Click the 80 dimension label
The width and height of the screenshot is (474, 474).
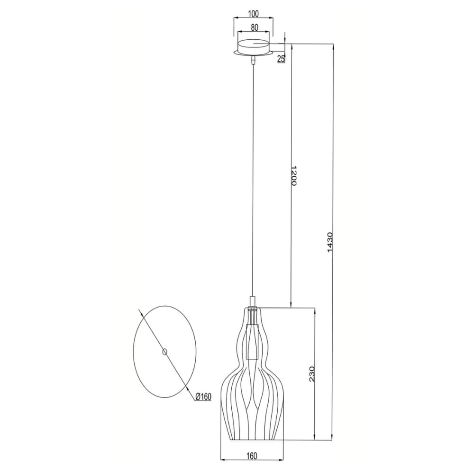click(x=255, y=28)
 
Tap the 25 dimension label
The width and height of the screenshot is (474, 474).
click(x=281, y=59)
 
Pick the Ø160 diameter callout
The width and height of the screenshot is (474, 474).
click(x=202, y=397)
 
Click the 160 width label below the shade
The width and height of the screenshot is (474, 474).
click(x=252, y=456)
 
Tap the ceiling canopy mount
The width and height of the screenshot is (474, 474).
click(x=255, y=48)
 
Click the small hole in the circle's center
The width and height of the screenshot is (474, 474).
click(x=164, y=351)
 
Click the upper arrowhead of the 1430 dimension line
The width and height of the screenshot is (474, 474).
click(x=335, y=46)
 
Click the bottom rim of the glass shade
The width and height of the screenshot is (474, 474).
click(x=252, y=439)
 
